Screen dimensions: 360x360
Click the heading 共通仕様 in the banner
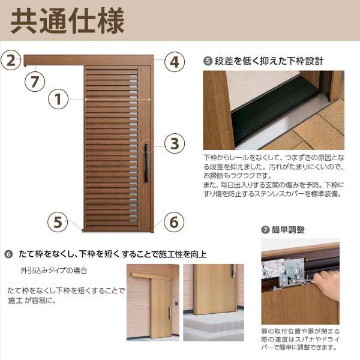pos(67,22)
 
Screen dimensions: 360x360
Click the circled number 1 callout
pos(58,99)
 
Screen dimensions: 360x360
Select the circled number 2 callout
pos(11,60)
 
